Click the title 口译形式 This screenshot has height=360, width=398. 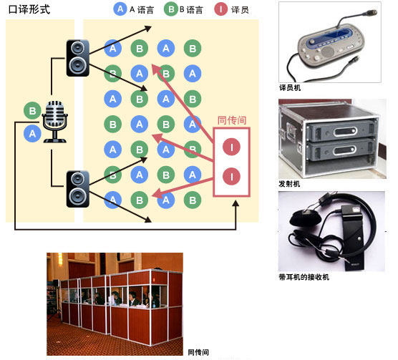[29, 9]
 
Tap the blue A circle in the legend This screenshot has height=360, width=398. [120, 9]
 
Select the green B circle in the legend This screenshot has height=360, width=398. [171, 9]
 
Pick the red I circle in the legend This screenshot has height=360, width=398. [220, 9]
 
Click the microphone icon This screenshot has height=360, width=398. [54, 121]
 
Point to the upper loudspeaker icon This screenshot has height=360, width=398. [78, 58]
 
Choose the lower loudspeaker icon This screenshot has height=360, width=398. [78, 189]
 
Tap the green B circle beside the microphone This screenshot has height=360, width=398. [32, 111]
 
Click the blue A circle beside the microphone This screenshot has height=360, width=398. [32, 133]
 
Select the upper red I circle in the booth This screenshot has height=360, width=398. [231, 147]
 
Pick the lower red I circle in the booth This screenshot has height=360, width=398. [231, 176]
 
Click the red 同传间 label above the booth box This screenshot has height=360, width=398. [232, 120]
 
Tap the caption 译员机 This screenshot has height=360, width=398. [290, 88]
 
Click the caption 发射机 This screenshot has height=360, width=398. [289, 184]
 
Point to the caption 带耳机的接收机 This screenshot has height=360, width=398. [304, 277]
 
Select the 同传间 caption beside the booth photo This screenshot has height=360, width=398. [198, 352]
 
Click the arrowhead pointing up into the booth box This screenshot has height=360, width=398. [236, 203]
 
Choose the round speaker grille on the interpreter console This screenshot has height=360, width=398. [328, 52]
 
